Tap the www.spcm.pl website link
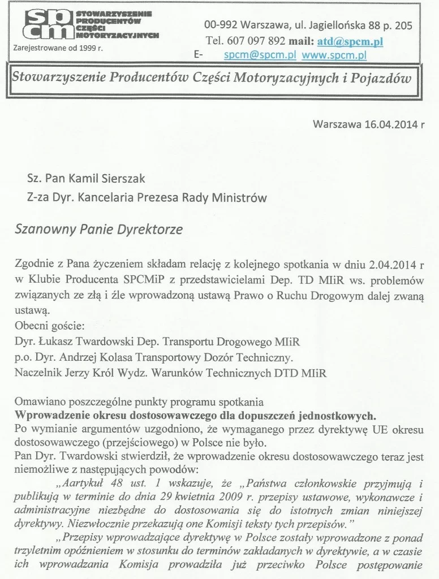334,55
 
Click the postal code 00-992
221,25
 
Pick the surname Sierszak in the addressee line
121,179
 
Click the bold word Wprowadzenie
50,414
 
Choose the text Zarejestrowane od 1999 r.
58,48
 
